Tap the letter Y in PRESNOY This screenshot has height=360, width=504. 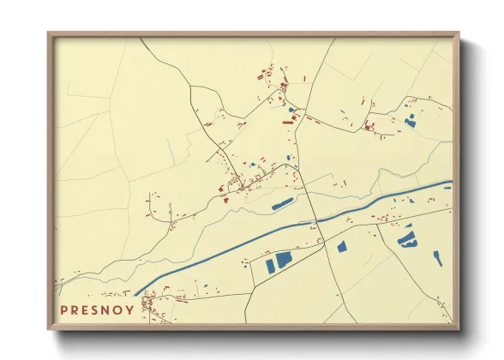pos(129,310)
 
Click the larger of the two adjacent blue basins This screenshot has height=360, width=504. pos(284,260)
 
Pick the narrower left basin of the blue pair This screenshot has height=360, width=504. pos(271,263)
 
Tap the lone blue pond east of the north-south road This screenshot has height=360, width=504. pos(342,247)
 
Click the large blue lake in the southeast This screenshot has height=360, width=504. pos(406,239)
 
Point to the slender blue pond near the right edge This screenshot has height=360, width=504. pos(438,257)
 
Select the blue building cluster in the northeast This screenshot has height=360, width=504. pos(410,123)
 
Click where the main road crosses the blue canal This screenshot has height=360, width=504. pos(315,221)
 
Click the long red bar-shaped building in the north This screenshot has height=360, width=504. pos(288,123)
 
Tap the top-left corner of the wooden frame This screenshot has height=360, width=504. pos(50,35)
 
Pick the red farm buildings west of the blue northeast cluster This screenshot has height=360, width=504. pos(369,127)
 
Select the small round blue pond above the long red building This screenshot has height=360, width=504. pos(291,110)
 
